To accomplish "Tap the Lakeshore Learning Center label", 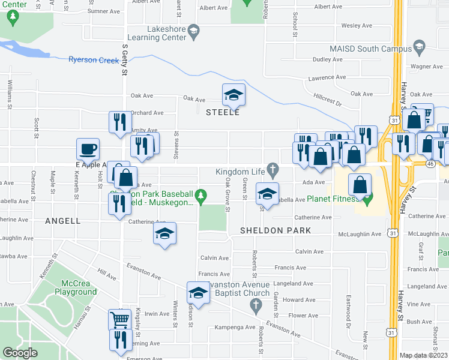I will [x=167, y=33].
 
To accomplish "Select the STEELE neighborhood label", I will [x=223, y=112].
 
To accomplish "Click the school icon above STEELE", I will [x=234, y=94].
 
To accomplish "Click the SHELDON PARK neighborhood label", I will [x=276, y=230].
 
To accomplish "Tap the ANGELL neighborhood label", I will [x=63, y=221].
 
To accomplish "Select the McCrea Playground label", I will [x=79, y=287].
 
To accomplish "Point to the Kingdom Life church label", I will [x=241, y=172].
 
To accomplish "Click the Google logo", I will [x=20, y=353].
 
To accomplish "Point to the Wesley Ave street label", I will [x=357, y=26].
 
